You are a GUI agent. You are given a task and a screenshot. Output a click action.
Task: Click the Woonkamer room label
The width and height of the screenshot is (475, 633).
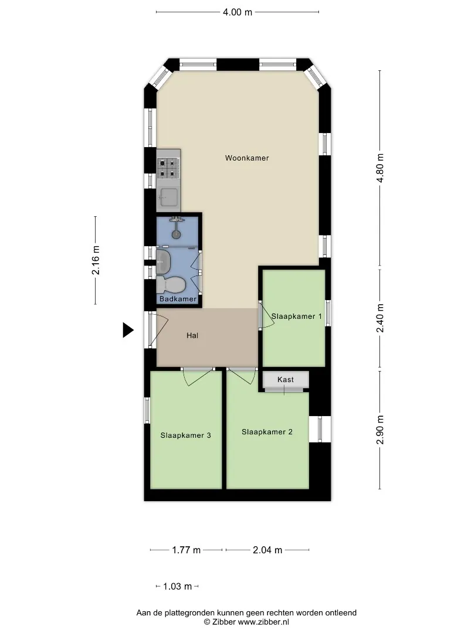[x=247, y=158]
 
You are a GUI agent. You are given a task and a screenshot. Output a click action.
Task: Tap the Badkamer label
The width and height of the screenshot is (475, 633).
[x=178, y=299]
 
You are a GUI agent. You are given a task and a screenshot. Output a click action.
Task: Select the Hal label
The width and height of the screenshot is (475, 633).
[x=192, y=335]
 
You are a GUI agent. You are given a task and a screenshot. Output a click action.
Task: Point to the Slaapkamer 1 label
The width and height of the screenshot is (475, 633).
[x=297, y=316]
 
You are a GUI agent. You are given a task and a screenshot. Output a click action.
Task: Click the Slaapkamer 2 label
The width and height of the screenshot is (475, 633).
[x=267, y=431]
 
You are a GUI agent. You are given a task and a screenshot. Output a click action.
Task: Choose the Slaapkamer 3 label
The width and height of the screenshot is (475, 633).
[x=185, y=435]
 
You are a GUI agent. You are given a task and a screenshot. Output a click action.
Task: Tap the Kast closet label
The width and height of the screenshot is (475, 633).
[x=286, y=379]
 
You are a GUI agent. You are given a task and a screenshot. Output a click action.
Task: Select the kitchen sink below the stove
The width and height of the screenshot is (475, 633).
[x=168, y=198]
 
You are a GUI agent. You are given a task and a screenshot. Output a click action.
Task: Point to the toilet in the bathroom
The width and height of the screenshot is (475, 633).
[x=171, y=285]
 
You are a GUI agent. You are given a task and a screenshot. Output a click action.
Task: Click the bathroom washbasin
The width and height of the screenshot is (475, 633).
[x=164, y=261]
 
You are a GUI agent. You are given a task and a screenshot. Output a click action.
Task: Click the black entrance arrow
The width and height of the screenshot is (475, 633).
[x=128, y=330]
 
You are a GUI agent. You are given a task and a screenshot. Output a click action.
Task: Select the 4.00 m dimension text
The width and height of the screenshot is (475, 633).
[x=238, y=12]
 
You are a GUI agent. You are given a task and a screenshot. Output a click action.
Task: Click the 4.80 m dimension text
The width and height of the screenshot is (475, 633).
[x=379, y=168]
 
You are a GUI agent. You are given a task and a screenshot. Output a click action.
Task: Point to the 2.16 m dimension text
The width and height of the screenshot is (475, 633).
[x=96, y=260]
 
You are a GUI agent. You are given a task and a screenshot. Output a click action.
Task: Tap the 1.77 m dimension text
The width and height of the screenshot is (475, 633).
[x=186, y=550]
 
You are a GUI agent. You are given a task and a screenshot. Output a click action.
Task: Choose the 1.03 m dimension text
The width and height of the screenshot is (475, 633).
[x=177, y=586]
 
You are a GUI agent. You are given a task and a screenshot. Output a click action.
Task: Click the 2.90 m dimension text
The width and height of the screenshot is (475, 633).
[x=379, y=430]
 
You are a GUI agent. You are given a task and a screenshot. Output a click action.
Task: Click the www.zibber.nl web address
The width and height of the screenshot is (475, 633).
[x=263, y=622]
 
